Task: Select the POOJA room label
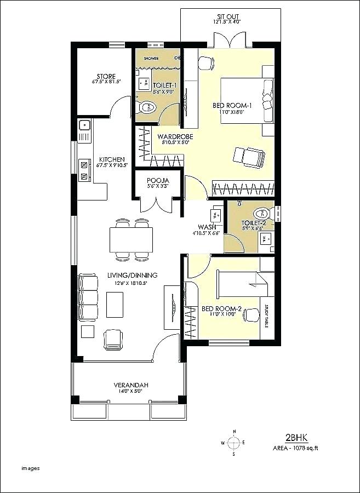(158, 181)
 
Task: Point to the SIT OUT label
(227, 16)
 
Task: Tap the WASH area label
(207, 227)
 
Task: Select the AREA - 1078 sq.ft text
(296, 448)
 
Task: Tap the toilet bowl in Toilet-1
(147, 107)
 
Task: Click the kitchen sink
(84, 127)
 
